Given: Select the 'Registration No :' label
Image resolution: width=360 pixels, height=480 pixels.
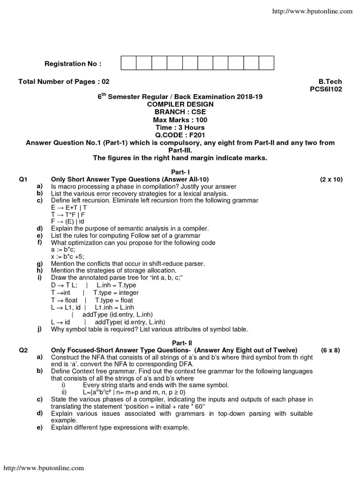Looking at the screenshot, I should pos(73,64).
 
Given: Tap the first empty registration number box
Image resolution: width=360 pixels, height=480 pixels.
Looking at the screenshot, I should pos(129,63).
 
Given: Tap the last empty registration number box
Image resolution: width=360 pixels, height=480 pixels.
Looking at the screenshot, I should pos(266,63).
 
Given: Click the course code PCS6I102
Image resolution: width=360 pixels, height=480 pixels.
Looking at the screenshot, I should pos(326,89).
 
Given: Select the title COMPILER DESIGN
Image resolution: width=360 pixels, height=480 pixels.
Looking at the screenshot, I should pos(180,104).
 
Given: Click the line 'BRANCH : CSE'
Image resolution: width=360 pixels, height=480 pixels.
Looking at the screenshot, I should pos(180,112).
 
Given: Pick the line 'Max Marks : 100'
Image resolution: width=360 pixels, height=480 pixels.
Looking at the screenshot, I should pos(180,120).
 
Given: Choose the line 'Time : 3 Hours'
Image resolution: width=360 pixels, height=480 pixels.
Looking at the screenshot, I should pos(180,127).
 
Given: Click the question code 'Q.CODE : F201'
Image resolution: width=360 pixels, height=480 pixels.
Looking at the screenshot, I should pos(180,135).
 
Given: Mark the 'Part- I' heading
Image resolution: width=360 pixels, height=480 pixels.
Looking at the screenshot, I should pos(180,172).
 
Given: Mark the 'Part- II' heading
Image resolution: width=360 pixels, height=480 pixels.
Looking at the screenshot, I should pos(180,343).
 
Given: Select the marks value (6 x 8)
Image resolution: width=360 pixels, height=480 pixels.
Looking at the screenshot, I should pos(330,350).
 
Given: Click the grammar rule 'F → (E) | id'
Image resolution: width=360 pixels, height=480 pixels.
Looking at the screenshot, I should pos(68,221).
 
